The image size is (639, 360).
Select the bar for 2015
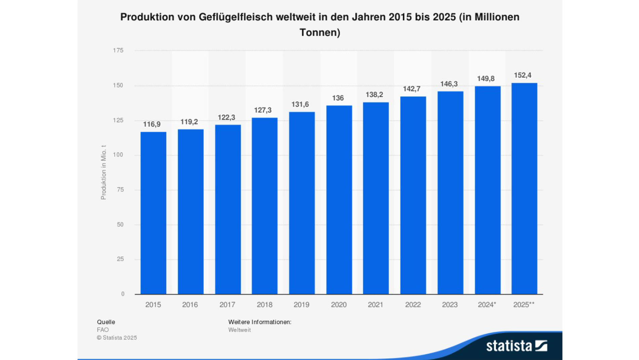click(153, 213)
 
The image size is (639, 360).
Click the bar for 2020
click(339, 200)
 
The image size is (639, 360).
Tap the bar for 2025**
click(524, 188)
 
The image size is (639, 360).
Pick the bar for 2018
click(265, 206)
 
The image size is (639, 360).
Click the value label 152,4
click(523, 75)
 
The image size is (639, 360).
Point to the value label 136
click(338, 98)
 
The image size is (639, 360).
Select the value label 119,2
click(189, 122)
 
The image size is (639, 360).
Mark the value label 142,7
click(412, 89)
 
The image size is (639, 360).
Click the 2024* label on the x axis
click(487, 305)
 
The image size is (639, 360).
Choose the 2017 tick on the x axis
click(227, 305)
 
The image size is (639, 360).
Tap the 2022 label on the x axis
click(413, 305)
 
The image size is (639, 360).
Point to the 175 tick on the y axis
click(118, 50)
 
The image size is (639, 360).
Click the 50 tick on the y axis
click(120, 225)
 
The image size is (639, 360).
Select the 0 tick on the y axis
click(123, 294)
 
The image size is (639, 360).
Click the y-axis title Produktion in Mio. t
click(104, 173)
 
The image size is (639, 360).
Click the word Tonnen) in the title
click(320, 33)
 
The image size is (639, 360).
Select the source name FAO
click(103, 330)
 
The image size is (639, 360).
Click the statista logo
click(516, 346)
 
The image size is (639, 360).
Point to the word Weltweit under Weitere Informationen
click(239, 330)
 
